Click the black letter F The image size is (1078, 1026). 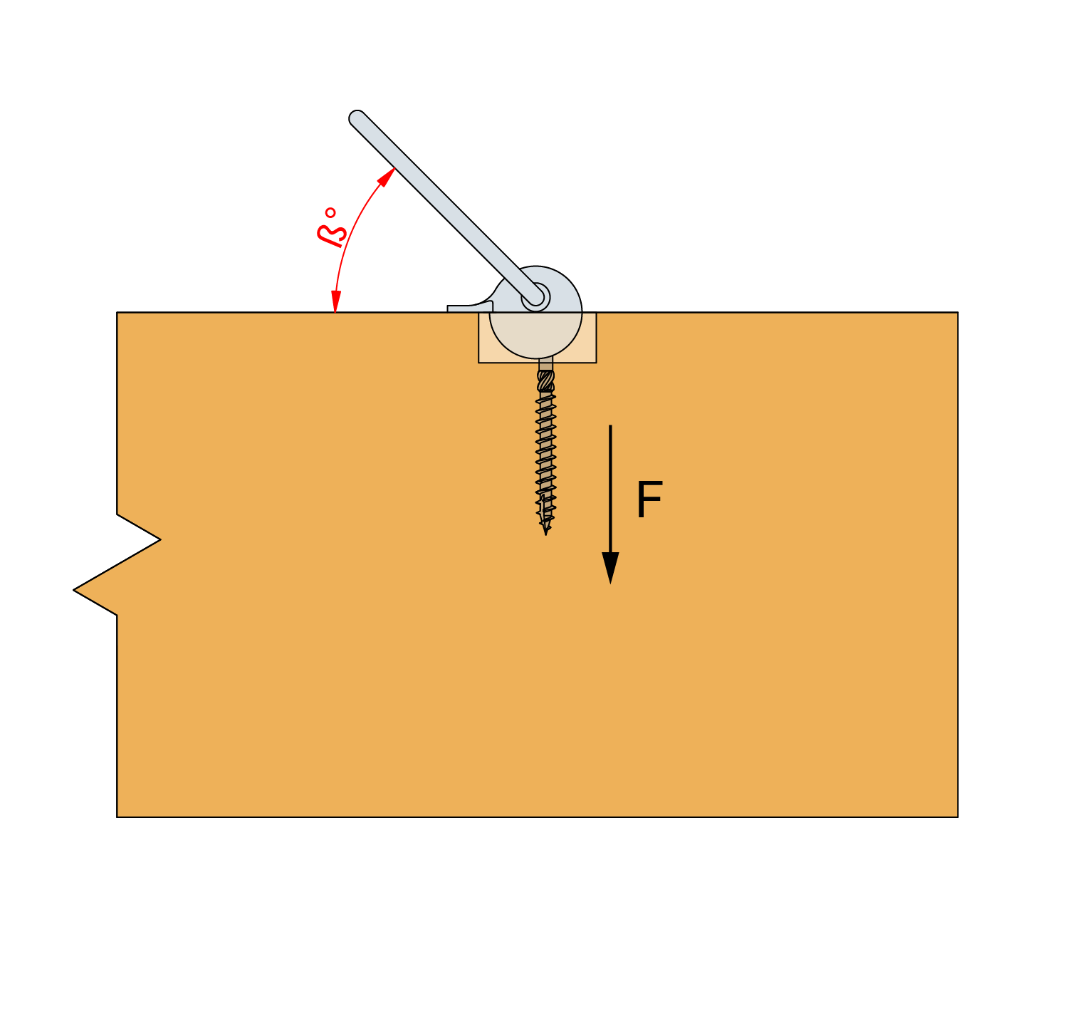(649, 500)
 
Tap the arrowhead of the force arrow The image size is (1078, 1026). (610, 568)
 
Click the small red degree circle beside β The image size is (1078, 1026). (330, 213)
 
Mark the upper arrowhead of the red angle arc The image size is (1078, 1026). (387, 177)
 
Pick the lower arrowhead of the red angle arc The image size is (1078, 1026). (335, 301)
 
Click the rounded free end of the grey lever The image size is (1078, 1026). (357, 118)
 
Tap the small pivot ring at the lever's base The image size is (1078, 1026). (536, 296)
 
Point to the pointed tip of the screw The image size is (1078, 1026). (545, 534)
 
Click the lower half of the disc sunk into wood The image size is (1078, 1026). (536, 335)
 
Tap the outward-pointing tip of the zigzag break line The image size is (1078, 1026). (74, 590)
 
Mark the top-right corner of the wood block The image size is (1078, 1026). (958, 312)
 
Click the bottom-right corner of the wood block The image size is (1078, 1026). (958, 817)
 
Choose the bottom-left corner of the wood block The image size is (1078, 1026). (117, 817)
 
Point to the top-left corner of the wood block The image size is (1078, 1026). (117, 312)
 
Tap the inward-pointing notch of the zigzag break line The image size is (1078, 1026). (160, 539)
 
